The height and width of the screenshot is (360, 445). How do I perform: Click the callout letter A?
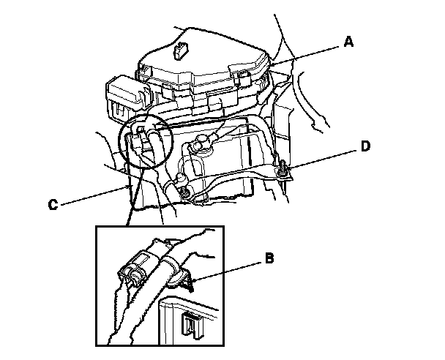pyautogui.click(x=349, y=43)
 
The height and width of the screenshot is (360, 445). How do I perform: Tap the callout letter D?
pyautogui.click(x=365, y=146)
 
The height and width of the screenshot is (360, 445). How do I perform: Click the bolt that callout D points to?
pyautogui.click(x=282, y=171)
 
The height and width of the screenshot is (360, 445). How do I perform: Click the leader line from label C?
pyautogui.click(x=95, y=197)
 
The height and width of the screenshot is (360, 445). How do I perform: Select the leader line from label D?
pyautogui.click(x=322, y=158)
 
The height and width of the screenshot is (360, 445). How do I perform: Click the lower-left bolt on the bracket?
pyautogui.click(x=183, y=192)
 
